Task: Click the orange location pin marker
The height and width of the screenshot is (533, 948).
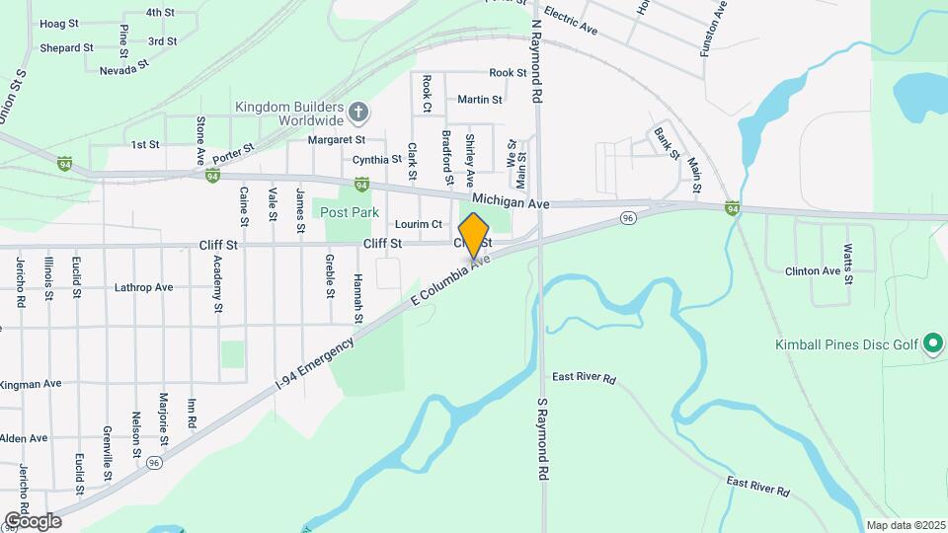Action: coord(474,235)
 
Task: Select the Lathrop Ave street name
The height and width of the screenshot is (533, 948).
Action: coord(143,287)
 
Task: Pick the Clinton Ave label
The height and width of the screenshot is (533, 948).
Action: coord(812,270)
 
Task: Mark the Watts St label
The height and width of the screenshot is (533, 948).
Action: coord(848,263)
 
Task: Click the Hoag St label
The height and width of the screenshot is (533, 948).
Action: coord(58,23)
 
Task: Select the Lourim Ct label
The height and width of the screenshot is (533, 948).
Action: coord(418,224)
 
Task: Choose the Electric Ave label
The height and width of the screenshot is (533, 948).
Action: coord(571,22)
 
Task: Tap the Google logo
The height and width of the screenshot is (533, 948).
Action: coord(33,520)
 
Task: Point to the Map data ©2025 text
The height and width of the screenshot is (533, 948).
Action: coord(904,525)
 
